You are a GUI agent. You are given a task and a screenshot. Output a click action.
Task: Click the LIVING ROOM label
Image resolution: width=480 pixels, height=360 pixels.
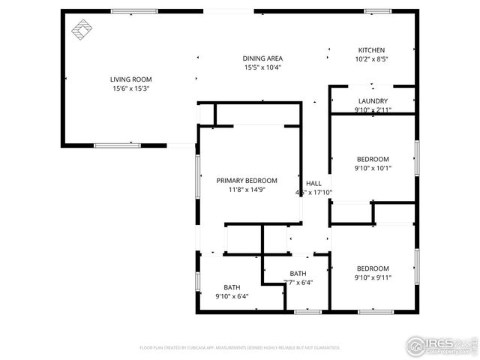(x=130, y=79)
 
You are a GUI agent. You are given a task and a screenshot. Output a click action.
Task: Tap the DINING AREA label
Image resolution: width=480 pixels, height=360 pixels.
(x=262, y=58)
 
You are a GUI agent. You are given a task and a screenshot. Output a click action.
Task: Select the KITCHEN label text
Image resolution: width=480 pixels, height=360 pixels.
(x=372, y=49)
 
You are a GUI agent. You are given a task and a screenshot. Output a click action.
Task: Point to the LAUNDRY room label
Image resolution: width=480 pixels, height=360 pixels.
(x=373, y=101)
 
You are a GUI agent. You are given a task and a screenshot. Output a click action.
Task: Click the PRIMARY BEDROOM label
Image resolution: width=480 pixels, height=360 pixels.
(x=247, y=181)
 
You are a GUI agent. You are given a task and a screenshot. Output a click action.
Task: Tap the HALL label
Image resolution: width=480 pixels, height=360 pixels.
(x=313, y=184)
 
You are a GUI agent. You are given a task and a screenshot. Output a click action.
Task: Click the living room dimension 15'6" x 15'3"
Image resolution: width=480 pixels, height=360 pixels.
(x=130, y=88)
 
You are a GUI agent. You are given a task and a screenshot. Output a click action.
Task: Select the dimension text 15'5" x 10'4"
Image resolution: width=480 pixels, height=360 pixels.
(x=262, y=67)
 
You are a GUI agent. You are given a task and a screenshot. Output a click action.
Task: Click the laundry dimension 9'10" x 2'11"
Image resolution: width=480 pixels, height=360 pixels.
(x=373, y=110)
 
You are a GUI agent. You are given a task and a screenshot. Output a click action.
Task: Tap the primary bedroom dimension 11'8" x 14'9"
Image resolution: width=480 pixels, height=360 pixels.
(x=247, y=190)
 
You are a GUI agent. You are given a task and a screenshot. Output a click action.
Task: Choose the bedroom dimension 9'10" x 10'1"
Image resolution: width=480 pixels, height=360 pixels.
(x=373, y=168)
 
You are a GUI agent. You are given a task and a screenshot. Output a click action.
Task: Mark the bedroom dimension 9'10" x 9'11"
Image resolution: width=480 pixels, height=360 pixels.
(x=373, y=277)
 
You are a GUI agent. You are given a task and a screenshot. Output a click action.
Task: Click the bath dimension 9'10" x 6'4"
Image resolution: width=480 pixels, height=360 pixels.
(x=232, y=296)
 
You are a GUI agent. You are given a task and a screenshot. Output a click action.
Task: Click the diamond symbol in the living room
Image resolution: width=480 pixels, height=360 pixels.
(x=81, y=31)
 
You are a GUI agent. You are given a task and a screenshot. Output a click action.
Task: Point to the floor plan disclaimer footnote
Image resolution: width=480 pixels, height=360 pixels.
(x=240, y=348)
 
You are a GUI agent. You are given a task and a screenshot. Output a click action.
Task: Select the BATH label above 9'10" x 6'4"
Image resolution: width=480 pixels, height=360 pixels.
(x=232, y=287)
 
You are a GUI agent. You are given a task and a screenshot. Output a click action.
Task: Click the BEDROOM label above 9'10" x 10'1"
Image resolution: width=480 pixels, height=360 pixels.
(x=373, y=159)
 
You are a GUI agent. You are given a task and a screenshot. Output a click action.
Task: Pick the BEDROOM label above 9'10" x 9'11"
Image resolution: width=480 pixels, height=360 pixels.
(x=373, y=268)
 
